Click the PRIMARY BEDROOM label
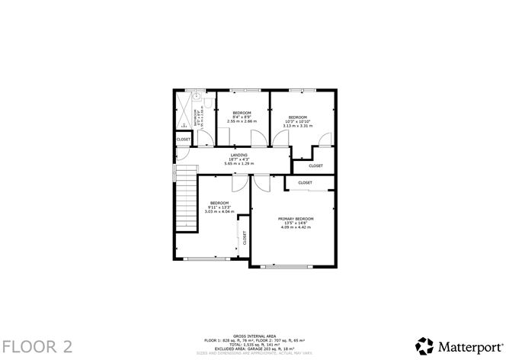(296, 219)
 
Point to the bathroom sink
(197, 97)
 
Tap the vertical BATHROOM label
(198, 121)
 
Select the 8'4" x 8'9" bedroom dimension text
(242, 117)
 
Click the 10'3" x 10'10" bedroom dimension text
(298, 121)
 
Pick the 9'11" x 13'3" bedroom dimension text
(219, 207)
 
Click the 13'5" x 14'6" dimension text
(296, 223)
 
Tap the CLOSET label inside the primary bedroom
(305, 183)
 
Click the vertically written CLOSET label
(245, 237)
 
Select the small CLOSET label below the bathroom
(184, 140)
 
